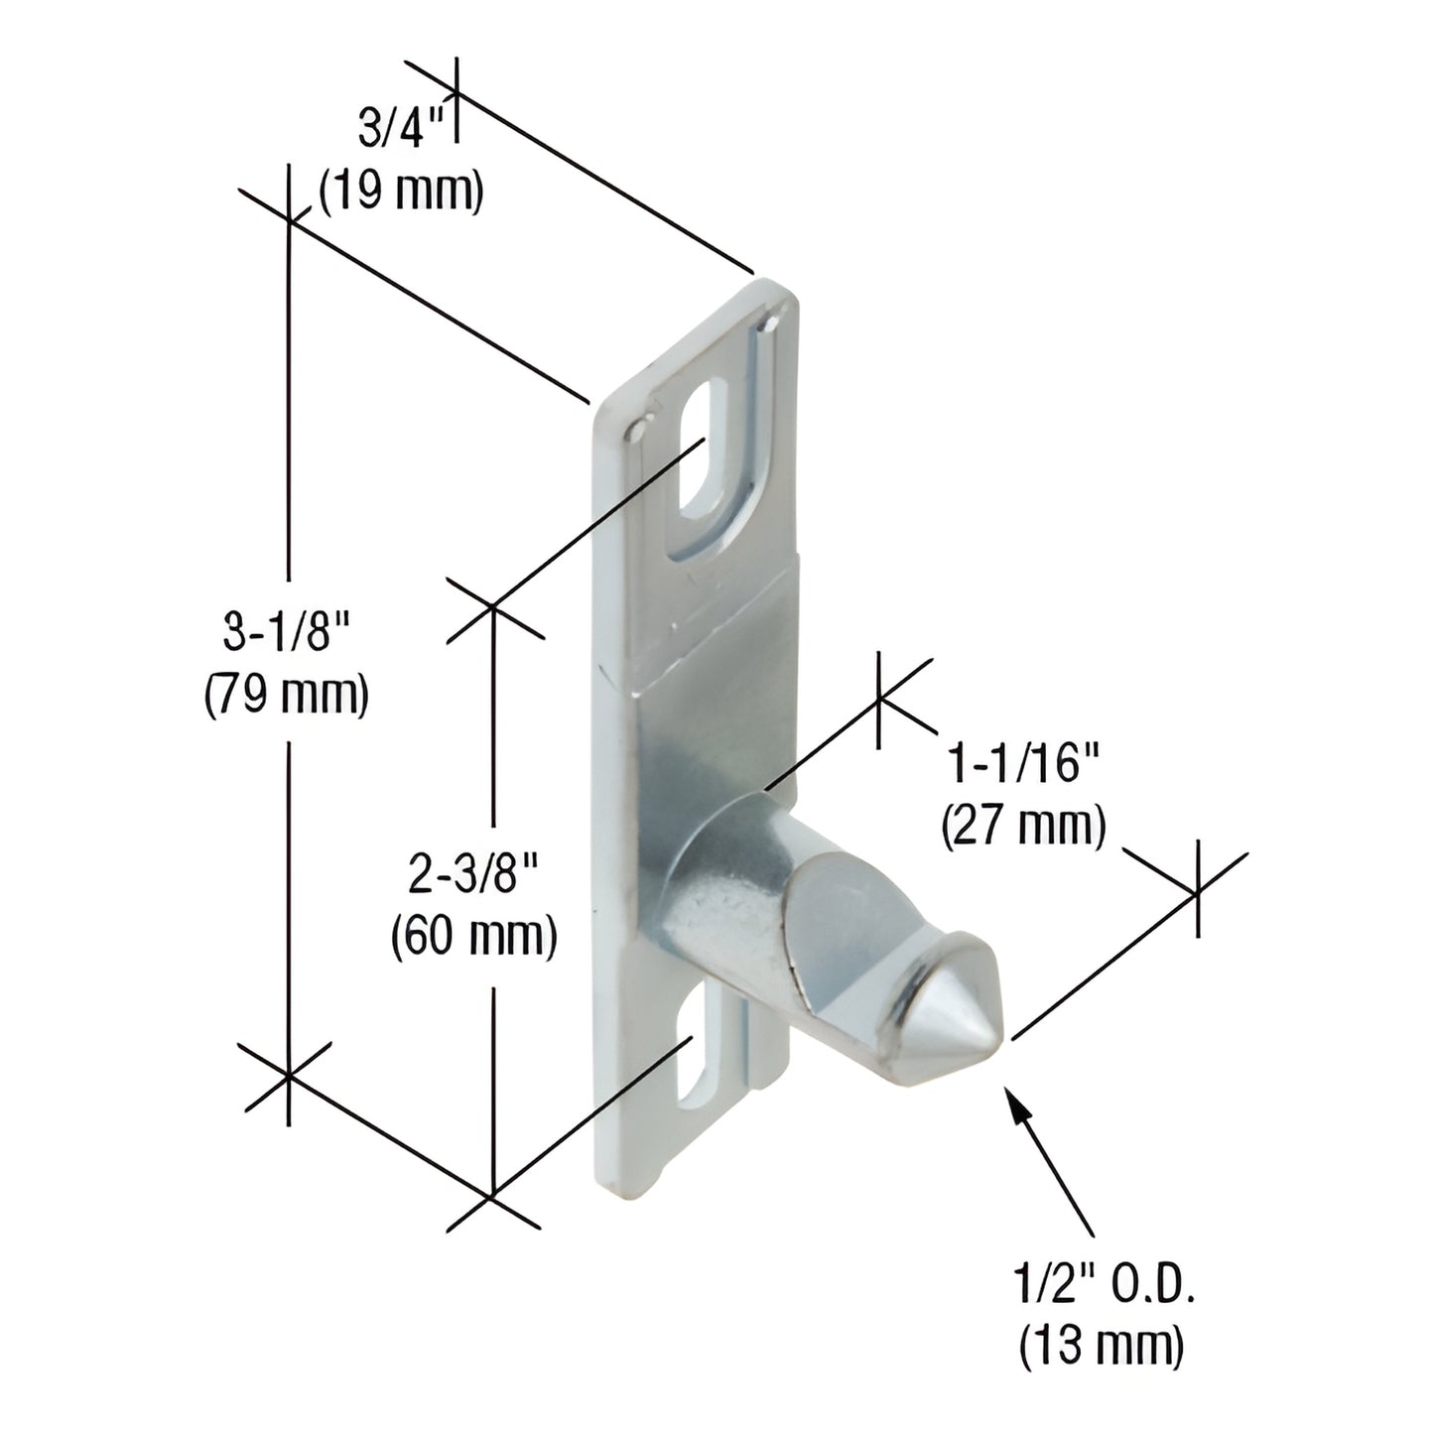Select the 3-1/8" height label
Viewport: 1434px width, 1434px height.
pos(287,633)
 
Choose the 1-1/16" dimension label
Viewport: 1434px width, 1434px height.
pos(1024,765)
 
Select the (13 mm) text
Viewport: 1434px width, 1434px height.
pos(1101,1347)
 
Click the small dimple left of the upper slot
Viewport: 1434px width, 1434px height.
pos(638,430)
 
